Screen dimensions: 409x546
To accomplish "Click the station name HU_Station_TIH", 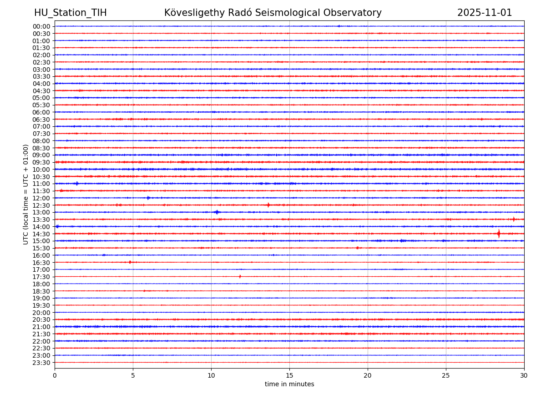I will pos(71,13).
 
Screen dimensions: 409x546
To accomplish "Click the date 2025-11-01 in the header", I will pos(485,13).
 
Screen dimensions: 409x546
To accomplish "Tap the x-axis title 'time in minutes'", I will pos(289,384).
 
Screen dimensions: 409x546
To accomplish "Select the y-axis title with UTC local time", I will pos(26,194).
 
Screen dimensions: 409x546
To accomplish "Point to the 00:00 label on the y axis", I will pos(41,26).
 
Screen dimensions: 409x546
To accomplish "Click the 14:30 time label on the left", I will pos(41,234).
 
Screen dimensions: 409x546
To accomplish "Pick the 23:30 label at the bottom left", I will pos(41,363).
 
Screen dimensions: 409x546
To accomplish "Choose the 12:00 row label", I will pos(41,198).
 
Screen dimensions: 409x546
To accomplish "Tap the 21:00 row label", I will pos(41,327).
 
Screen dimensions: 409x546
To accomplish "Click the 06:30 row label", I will pos(41,120).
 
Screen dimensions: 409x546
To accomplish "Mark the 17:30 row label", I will pos(41,277).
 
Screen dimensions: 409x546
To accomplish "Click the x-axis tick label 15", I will pos(289,375).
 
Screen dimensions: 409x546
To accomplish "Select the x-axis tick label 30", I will pos(524,375).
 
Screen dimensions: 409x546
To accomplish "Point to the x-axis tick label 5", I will pos(133,375).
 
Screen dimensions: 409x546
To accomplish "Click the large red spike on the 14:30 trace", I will pos(499,234).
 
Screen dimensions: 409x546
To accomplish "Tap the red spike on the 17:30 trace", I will pos(240,276).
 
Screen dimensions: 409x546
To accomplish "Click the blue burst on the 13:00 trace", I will pos(217,212).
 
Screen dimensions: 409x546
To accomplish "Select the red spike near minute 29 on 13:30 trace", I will pos(514,219).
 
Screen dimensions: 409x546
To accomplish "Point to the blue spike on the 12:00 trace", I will pos(148,198).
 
